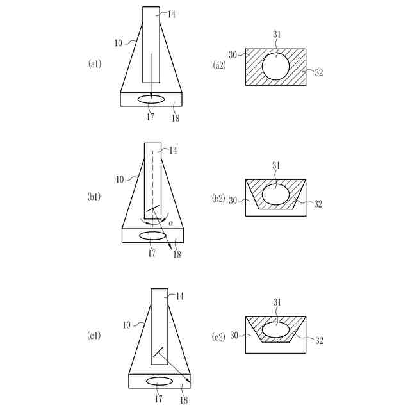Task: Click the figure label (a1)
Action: click(x=95, y=64)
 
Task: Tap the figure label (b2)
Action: click(x=218, y=199)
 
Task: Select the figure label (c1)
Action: click(x=94, y=336)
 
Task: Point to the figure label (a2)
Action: click(x=219, y=65)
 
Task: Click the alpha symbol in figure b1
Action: click(x=171, y=224)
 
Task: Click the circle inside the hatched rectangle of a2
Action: click(x=275, y=53)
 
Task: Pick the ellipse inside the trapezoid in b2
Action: click(x=275, y=184)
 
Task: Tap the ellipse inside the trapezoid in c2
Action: click(x=275, y=322)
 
